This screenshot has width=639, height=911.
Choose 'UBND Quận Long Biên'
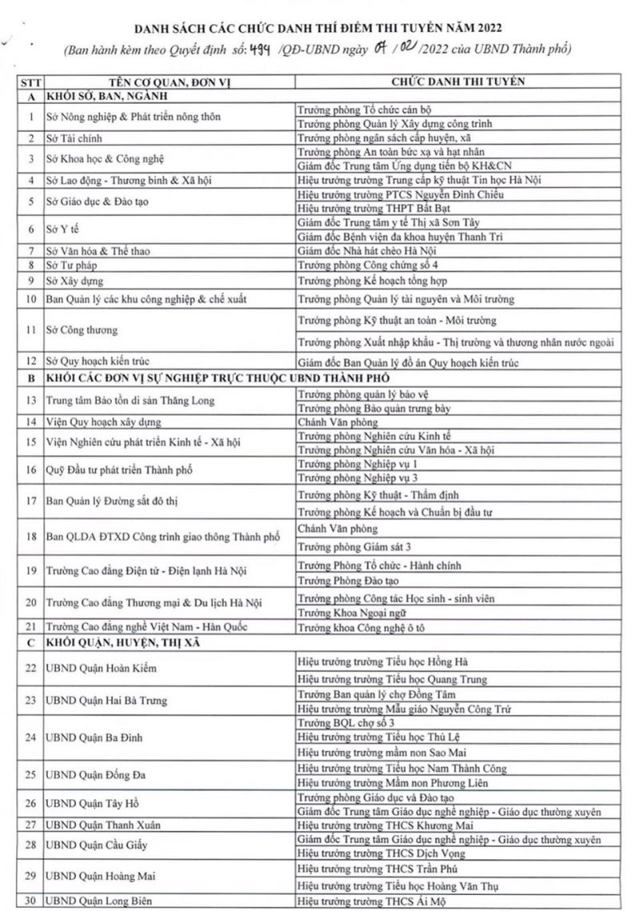click(x=97, y=901)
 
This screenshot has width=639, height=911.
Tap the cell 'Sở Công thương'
click(x=82, y=330)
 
